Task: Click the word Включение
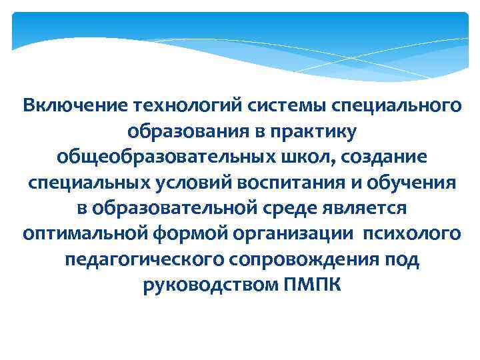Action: coord(75,105)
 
